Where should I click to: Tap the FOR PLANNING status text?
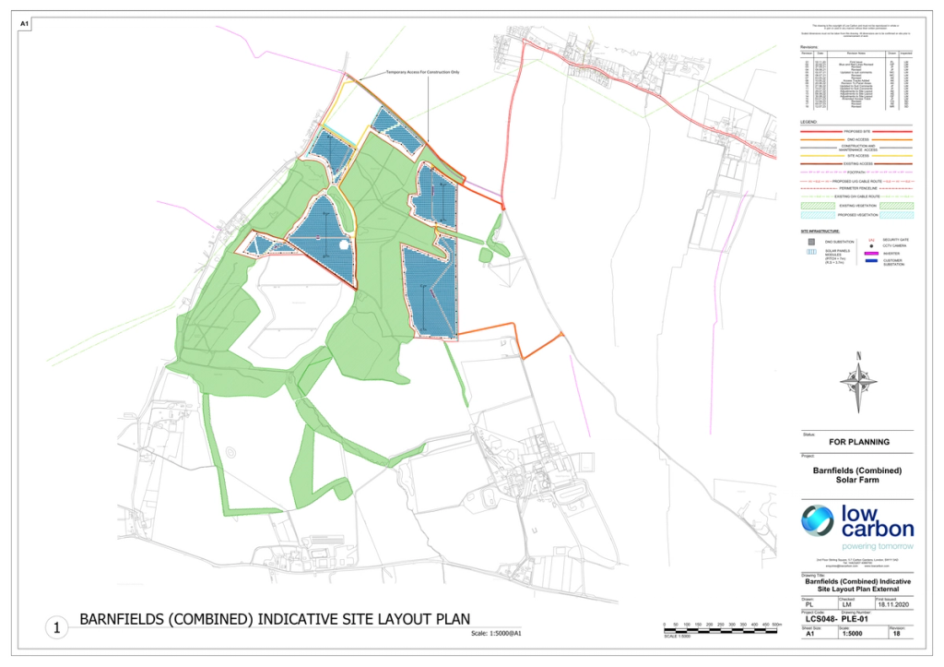[859, 442]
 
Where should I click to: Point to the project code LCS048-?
[820, 619]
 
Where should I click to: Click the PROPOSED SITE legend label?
[858, 132]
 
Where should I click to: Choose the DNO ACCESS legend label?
[858, 139]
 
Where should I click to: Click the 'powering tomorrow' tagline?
[859, 547]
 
